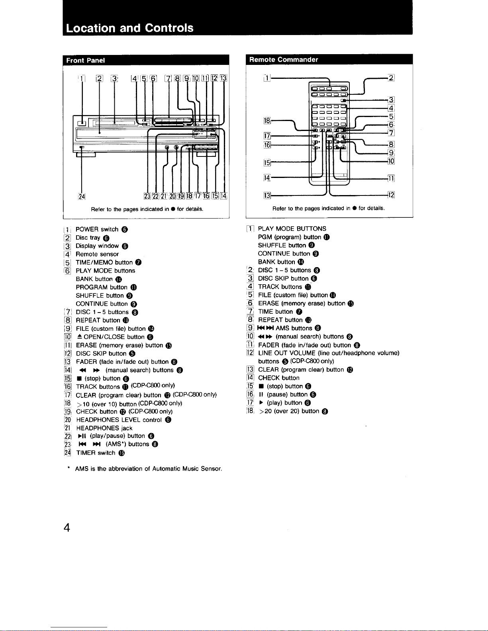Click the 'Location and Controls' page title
130,28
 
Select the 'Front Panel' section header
86,61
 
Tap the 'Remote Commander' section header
283,60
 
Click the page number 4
67,528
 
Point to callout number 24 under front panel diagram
82,195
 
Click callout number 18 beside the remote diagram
267,121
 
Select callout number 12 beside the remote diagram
391,195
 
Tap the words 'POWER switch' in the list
97,229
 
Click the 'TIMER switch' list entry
96,453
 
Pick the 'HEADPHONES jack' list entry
104,428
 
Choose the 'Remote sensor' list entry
97,254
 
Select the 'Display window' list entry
97,246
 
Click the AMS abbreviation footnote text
148,469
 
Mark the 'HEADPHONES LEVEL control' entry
119,420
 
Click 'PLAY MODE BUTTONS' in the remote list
292,229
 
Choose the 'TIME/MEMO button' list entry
104,262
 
